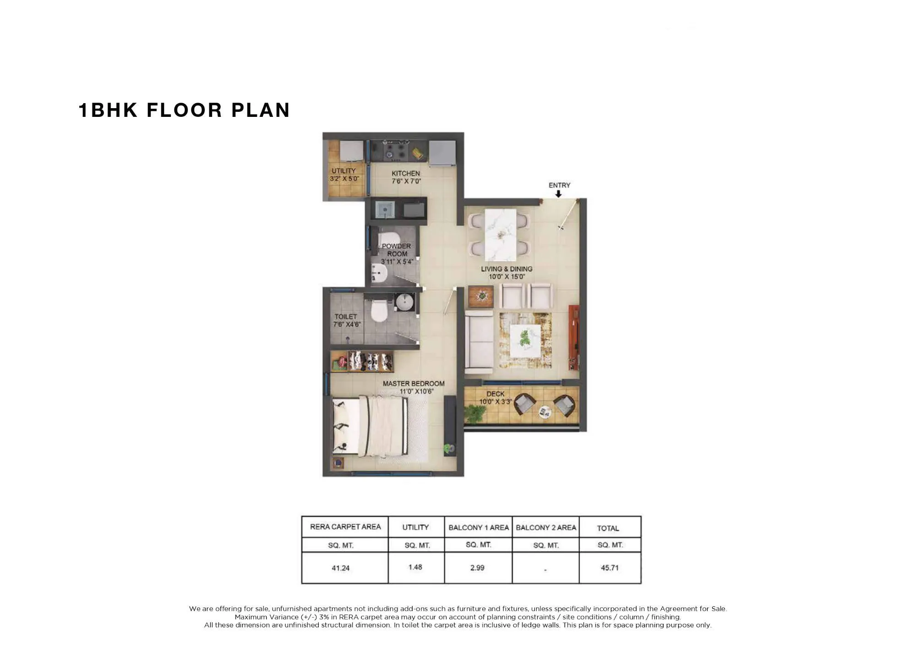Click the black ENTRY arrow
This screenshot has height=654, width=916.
click(x=558, y=194)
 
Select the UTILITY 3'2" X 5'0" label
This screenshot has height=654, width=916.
click(x=343, y=175)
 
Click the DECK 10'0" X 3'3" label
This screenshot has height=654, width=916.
click(x=495, y=397)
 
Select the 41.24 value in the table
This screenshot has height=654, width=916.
click(x=340, y=568)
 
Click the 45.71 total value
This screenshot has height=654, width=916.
click(x=610, y=568)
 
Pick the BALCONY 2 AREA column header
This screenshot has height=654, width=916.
click(x=545, y=528)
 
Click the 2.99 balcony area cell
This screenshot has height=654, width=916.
click(x=477, y=568)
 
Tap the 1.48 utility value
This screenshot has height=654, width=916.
click(x=415, y=567)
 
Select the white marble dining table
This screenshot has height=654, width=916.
click(x=500, y=235)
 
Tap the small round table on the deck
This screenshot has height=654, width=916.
click(x=545, y=412)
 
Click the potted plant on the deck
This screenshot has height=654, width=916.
click(x=474, y=413)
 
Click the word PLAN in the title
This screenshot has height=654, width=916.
click(x=260, y=110)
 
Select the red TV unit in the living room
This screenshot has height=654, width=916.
click(x=573, y=337)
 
